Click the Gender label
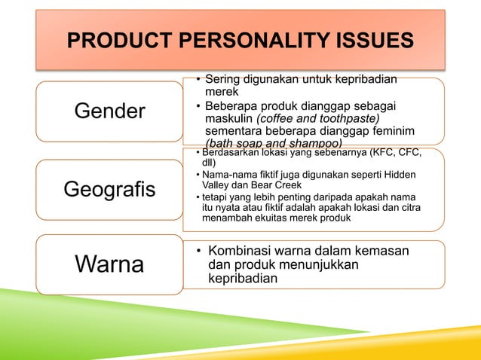(x=109, y=112)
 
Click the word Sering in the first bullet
(x=223, y=78)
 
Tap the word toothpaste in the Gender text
(x=347, y=117)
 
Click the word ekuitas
(x=302, y=218)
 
